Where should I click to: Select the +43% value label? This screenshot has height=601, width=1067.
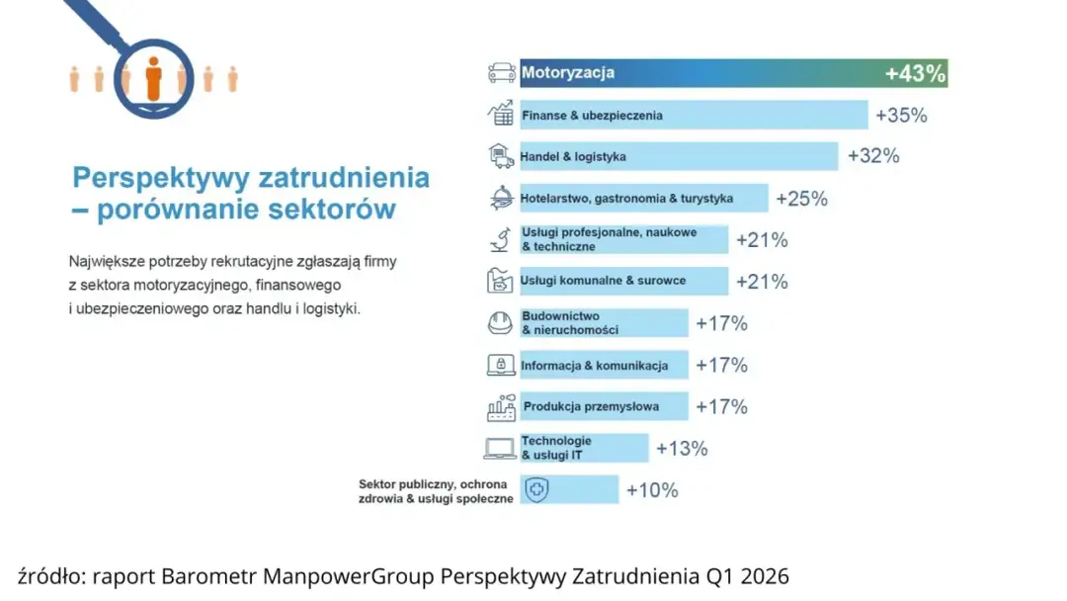915,73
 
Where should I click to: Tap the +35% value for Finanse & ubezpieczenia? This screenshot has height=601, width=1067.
901,116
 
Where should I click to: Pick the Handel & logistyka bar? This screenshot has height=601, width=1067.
679,156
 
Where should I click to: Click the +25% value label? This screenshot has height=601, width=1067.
801,199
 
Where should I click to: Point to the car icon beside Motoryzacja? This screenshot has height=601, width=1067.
502,73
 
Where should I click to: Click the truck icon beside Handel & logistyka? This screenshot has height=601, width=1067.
502,156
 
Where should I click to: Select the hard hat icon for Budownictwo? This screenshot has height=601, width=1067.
502,323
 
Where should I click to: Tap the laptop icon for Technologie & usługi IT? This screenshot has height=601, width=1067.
502,449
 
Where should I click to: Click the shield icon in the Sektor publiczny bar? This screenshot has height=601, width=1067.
535,490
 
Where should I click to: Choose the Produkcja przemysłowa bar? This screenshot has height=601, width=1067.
604,406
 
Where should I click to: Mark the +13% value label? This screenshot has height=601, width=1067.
682,449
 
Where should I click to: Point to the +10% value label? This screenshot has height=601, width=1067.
652,490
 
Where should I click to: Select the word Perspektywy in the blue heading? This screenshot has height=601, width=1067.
160,178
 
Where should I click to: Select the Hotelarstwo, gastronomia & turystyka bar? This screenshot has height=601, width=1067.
643,199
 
